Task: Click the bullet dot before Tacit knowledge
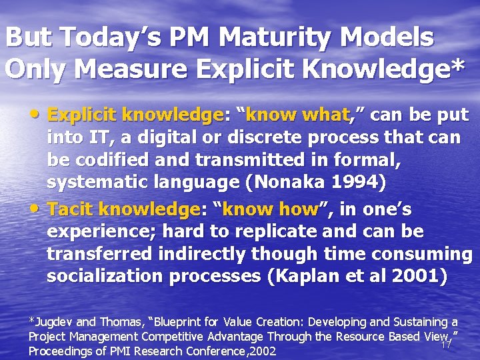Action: click(x=39, y=209)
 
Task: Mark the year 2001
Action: click(x=416, y=276)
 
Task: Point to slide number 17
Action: click(x=446, y=345)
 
